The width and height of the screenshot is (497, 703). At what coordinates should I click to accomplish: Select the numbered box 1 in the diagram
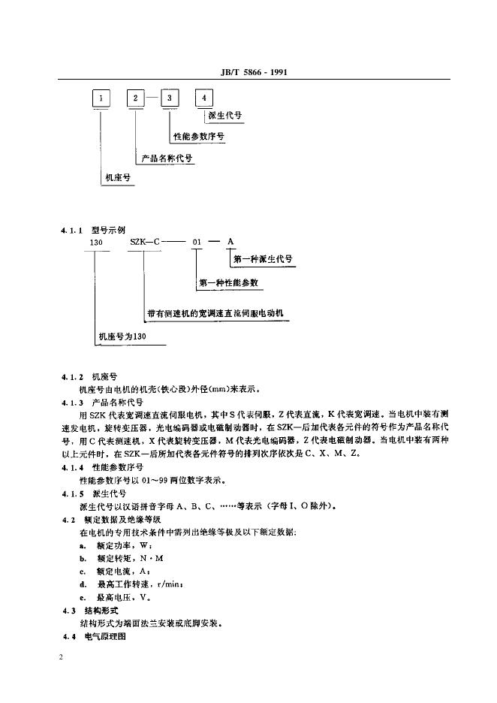click(101, 98)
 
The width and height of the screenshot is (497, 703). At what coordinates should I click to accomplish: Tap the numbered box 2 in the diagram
click(136, 98)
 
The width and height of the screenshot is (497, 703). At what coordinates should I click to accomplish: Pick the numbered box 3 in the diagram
click(171, 98)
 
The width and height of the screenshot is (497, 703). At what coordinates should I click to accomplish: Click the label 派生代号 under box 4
click(224, 116)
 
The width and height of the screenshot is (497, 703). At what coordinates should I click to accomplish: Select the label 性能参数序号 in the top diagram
click(198, 137)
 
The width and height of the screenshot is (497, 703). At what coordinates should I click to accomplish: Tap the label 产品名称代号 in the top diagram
click(166, 159)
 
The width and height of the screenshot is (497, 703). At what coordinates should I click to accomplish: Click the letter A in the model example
click(230, 241)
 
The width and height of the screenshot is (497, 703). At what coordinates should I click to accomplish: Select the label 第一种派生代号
click(263, 259)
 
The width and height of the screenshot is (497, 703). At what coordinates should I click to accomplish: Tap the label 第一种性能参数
click(229, 284)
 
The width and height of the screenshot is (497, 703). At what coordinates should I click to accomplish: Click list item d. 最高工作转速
click(120, 584)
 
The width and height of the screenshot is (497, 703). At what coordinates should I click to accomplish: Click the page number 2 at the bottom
click(60, 658)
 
